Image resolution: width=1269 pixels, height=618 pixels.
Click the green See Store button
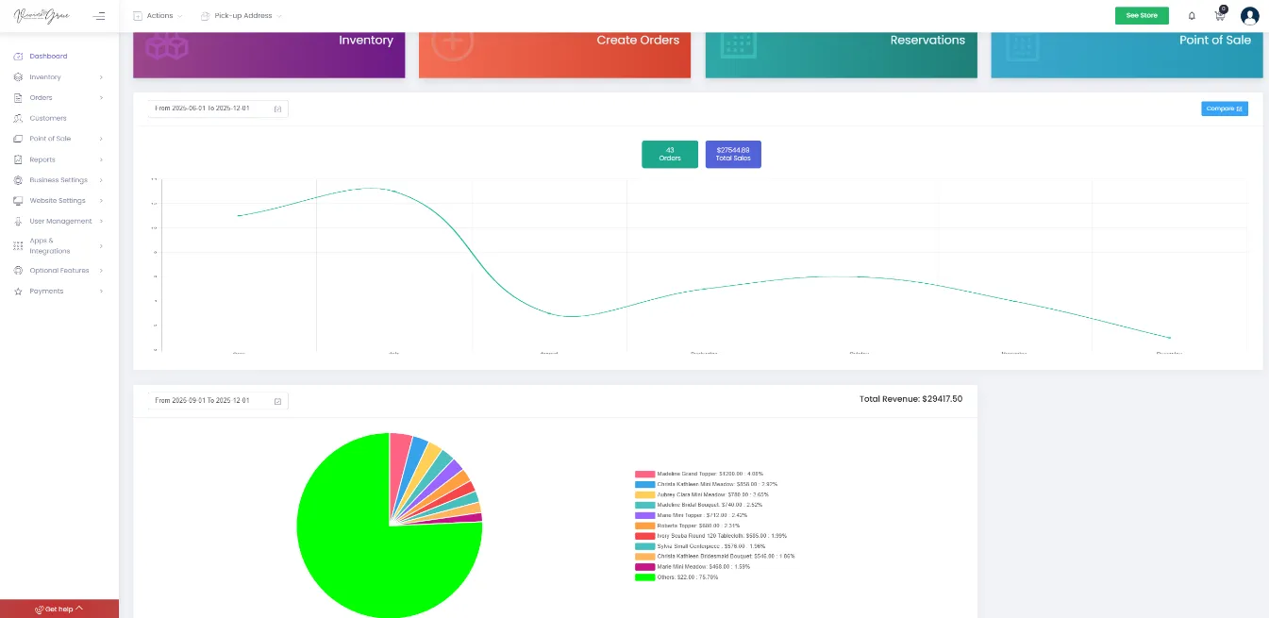1141,15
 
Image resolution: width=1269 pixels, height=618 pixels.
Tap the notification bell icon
1192,16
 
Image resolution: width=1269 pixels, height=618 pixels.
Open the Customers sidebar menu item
47,118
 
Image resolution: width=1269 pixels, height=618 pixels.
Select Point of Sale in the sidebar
50,139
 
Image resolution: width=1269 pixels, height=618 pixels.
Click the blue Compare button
1224,109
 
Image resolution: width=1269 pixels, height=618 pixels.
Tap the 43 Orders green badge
670,154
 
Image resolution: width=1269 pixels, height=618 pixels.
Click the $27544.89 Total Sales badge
733,154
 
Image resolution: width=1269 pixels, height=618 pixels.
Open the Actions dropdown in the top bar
159,16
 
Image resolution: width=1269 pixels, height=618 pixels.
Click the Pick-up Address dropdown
242,16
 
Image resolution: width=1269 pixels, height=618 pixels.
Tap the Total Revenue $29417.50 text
910,399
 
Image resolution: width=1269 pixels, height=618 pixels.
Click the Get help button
59,609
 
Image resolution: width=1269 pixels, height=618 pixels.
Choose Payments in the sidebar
46,291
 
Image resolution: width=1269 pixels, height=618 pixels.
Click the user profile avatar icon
1249,16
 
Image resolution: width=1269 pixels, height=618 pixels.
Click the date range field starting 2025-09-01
217,401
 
